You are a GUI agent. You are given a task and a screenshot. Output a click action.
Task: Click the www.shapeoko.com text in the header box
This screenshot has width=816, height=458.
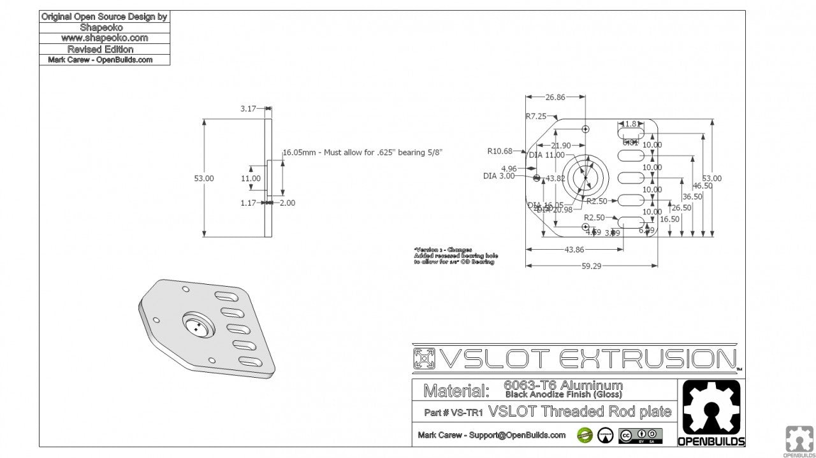pos(105,38)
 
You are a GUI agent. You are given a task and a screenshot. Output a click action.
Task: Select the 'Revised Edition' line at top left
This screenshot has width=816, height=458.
pos(100,49)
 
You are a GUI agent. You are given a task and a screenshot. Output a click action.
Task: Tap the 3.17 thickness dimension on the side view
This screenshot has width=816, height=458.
pos(248,109)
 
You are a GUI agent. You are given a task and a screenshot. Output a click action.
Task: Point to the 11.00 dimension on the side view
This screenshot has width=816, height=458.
pos(251,178)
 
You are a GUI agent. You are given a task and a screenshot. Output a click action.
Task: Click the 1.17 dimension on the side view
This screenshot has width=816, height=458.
pos(249,203)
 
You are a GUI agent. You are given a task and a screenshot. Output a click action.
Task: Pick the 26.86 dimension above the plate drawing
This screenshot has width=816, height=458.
pos(555,97)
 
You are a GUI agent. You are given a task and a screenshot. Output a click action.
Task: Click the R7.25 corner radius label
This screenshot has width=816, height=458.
pos(535,116)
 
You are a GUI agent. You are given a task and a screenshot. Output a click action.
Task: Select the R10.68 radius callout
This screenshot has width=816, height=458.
pos(500,151)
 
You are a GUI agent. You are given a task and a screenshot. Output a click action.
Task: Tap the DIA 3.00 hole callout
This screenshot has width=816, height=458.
pos(499,176)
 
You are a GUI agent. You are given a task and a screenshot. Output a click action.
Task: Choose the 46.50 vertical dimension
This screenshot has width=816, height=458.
pos(703,186)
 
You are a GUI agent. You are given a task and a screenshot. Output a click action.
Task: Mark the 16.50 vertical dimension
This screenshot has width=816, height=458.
pos(669,219)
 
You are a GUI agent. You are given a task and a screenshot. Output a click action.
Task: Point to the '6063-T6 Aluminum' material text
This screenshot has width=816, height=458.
pos(563,385)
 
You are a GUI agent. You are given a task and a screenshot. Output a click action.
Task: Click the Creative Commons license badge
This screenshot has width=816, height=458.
pos(640,436)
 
